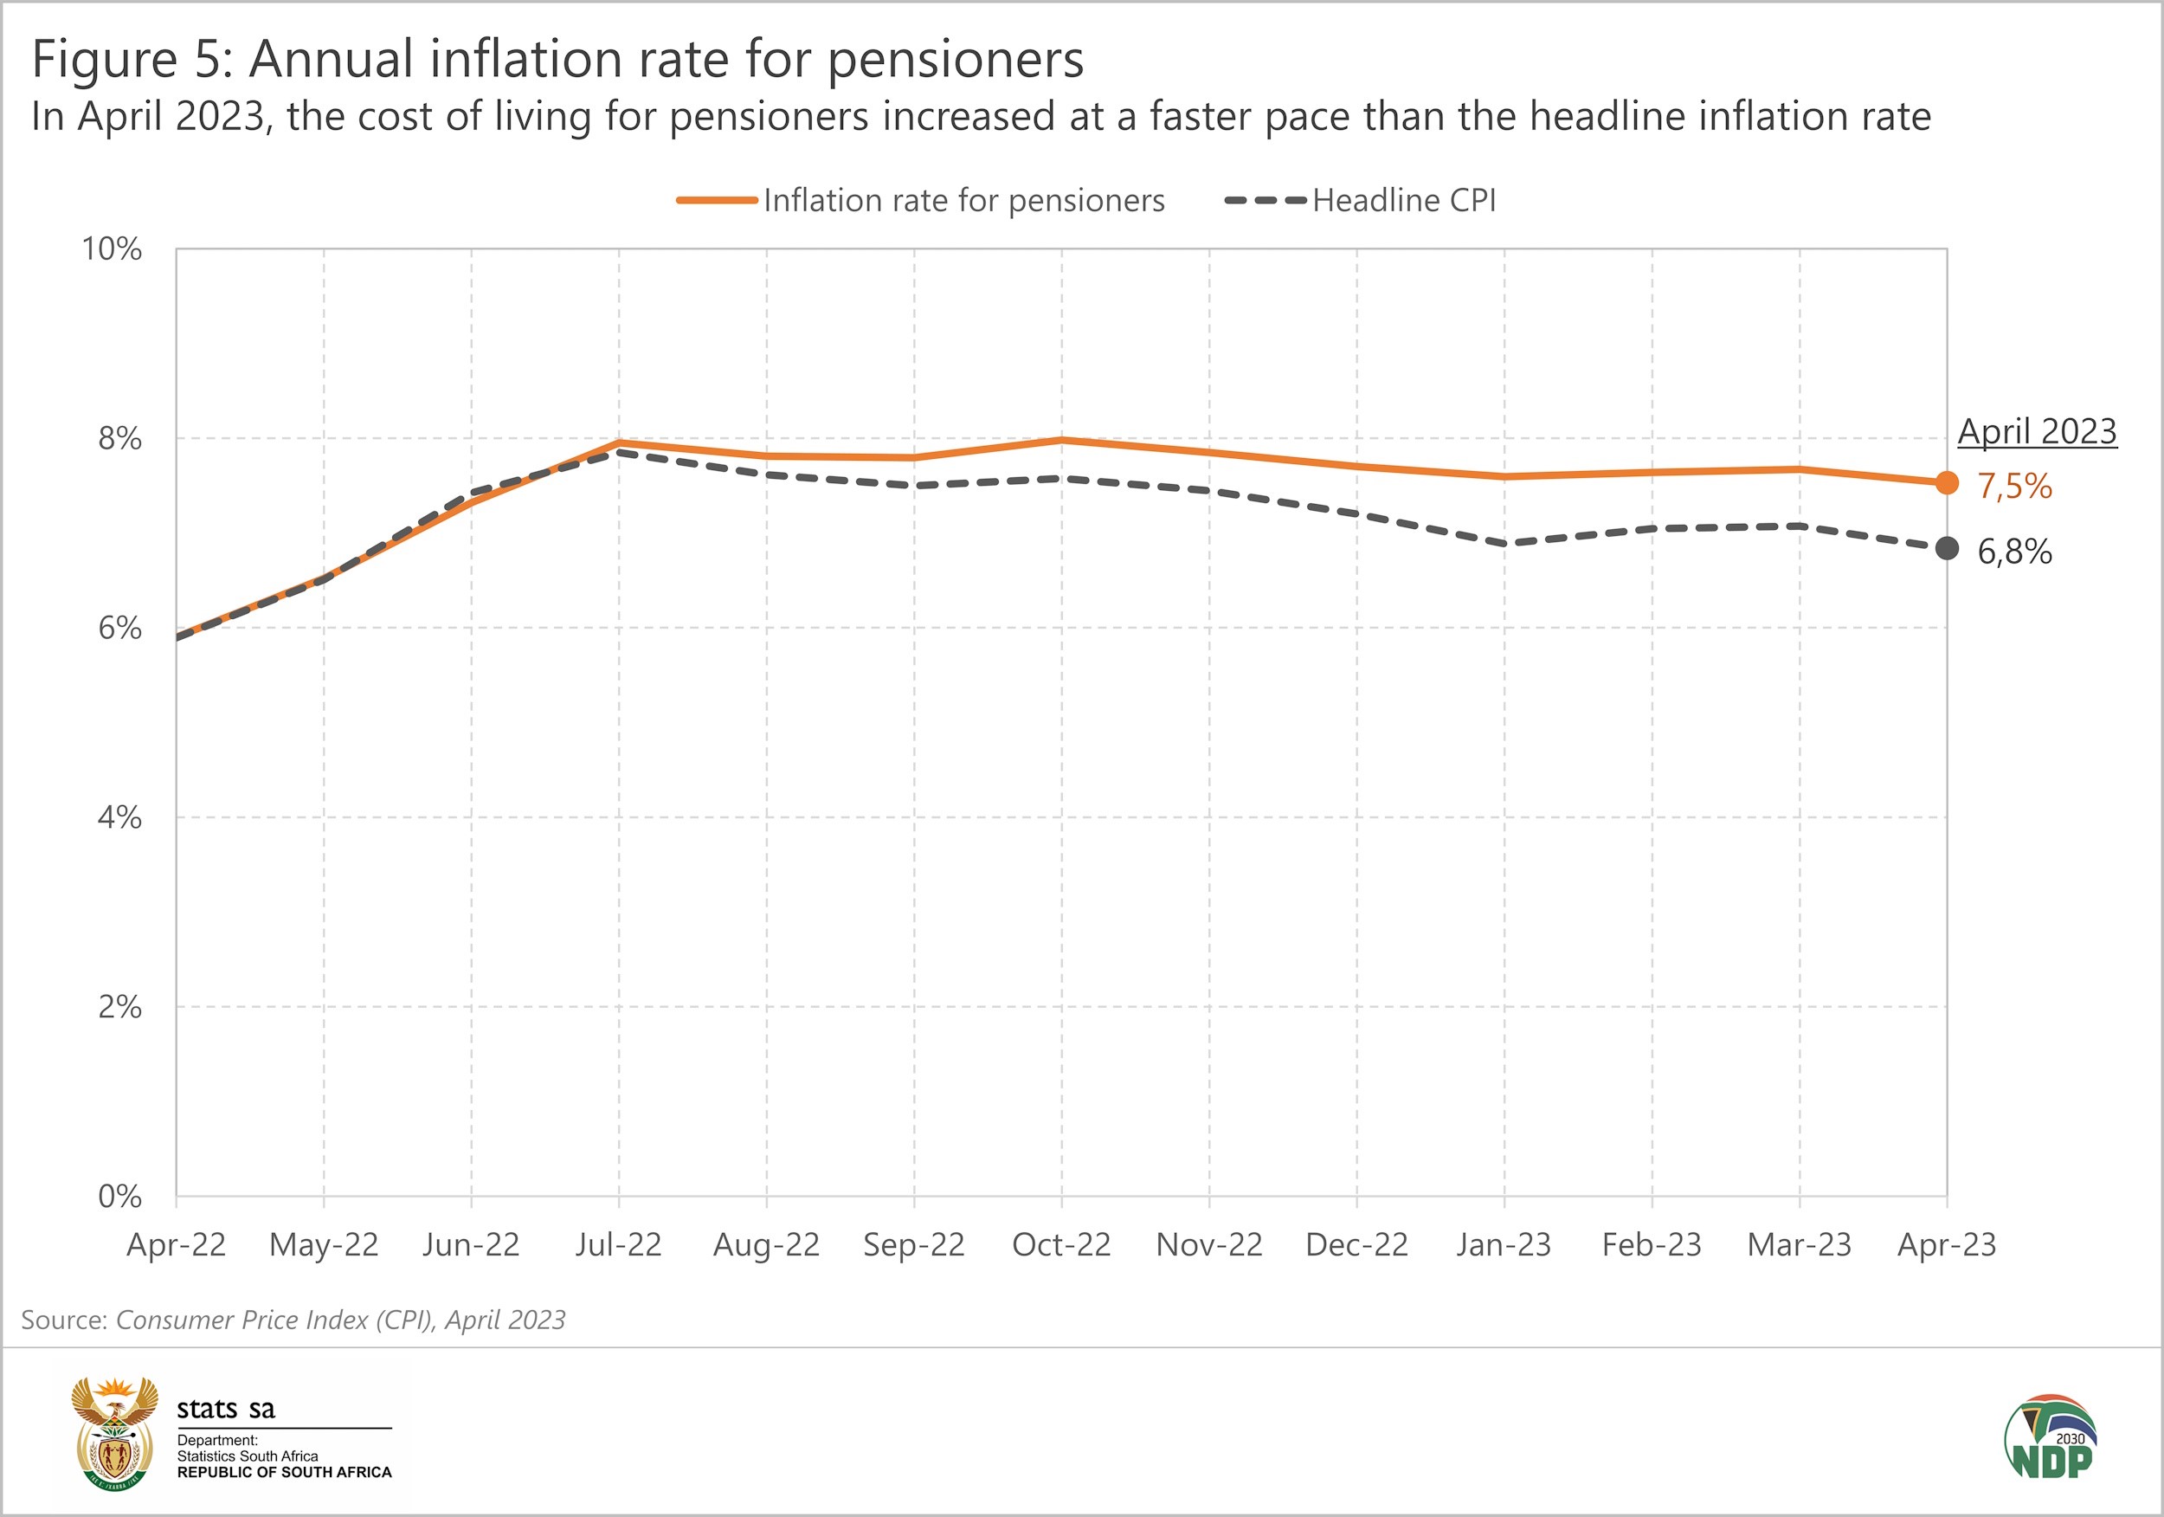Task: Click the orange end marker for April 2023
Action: click(1946, 484)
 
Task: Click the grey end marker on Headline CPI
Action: click(1946, 548)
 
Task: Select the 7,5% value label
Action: click(2014, 487)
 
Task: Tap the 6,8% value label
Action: click(2014, 552)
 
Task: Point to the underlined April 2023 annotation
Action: click(2037, 432)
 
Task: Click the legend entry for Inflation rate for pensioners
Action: click(963, 201)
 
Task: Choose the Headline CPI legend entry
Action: click(1402, 201)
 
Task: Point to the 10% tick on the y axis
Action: click(113, 250)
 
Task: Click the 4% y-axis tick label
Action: click(119, 817)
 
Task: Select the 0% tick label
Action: click(119, 1197)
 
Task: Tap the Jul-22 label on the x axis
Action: click(618, 1245)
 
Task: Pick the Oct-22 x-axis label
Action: click(1061, 1245)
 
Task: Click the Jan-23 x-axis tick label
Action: click(1504, 1245)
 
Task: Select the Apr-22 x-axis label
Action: click(177, 1245)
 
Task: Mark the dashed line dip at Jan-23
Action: click(1504, 544)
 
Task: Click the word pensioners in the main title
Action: click(956, 60)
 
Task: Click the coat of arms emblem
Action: click(115, 1434)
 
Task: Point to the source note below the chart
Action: click(293, 1320)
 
